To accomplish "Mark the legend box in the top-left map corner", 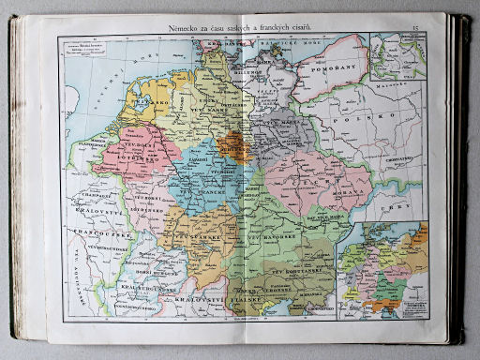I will (90, 50).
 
